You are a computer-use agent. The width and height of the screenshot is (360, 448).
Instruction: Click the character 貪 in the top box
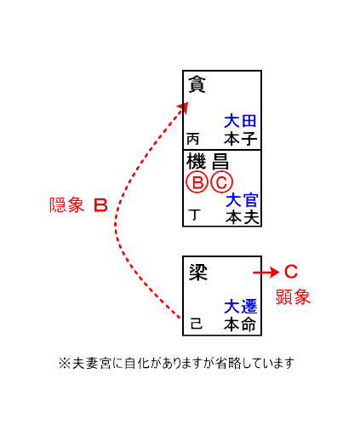click(x=197, y=84)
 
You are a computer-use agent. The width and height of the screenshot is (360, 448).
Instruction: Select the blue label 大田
click(x=240, y=121)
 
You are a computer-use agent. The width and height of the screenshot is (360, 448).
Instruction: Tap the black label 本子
click(x=240, y=139)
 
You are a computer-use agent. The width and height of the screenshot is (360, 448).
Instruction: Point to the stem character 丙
click(x=192, y=139)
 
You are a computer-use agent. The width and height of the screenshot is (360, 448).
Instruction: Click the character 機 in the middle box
click(x=196, y=162)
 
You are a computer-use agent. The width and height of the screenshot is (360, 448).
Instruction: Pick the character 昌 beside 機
click(x=220, y=162)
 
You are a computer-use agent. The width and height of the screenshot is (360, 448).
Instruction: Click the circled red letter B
click(x=197, y=182)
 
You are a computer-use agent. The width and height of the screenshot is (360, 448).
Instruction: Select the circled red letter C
click(x=222, y=182)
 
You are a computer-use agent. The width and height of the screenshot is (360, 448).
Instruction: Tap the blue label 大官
click(x=242, y=199)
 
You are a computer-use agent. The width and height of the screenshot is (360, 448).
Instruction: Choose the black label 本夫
click(x=242, y=217)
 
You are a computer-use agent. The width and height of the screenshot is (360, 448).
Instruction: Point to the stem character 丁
click(x=194, y=215)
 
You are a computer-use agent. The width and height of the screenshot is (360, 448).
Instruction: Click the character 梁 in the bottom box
click(x=197, y=272)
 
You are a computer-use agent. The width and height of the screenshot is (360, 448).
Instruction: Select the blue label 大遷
click(x=240, y=307)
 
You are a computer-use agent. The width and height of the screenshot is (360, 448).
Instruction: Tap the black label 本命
click(x=240, y=325)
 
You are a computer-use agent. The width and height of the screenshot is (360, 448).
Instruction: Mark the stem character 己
click(x=197, y=324)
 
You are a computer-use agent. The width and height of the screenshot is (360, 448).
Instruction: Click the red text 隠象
click(x=66, y=205)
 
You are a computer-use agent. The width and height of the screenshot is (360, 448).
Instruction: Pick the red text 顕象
click(x=293, y=297)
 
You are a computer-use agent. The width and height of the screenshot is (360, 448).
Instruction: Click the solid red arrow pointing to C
click(x=266, y=273)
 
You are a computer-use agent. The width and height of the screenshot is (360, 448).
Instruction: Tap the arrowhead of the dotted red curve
click(x=183, y=107)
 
